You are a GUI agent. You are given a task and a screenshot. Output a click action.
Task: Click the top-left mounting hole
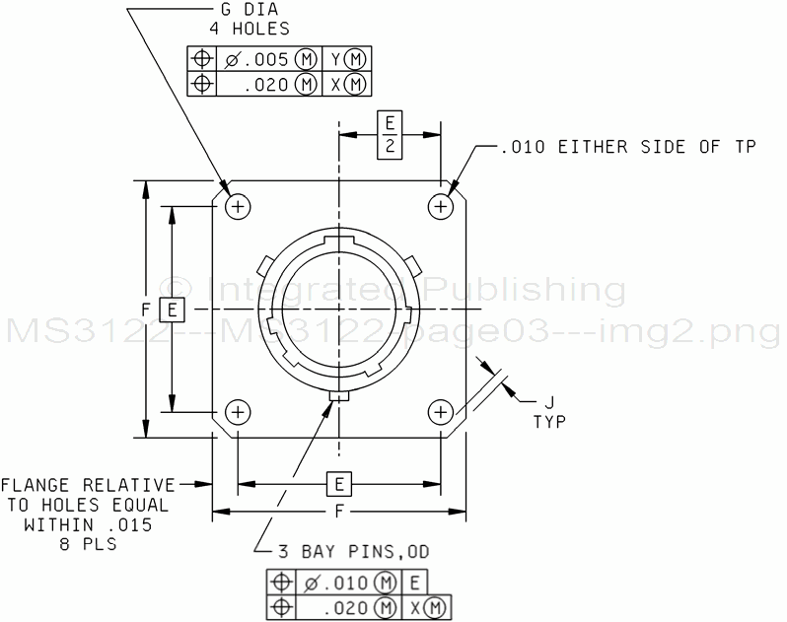click(238, 206)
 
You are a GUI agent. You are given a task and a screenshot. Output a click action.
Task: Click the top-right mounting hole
click(441, 206)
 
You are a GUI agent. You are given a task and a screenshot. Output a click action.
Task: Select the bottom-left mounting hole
click(238, 412)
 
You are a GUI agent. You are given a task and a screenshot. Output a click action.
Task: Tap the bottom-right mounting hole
click(441, 412)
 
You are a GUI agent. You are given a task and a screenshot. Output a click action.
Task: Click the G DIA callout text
click(250, 10)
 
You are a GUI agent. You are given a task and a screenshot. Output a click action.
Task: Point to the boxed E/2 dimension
click(390, 136)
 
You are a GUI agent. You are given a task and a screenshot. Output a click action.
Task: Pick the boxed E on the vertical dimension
click(172, 310)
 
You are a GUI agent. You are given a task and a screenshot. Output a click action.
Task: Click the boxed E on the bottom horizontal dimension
click(339, 485)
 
